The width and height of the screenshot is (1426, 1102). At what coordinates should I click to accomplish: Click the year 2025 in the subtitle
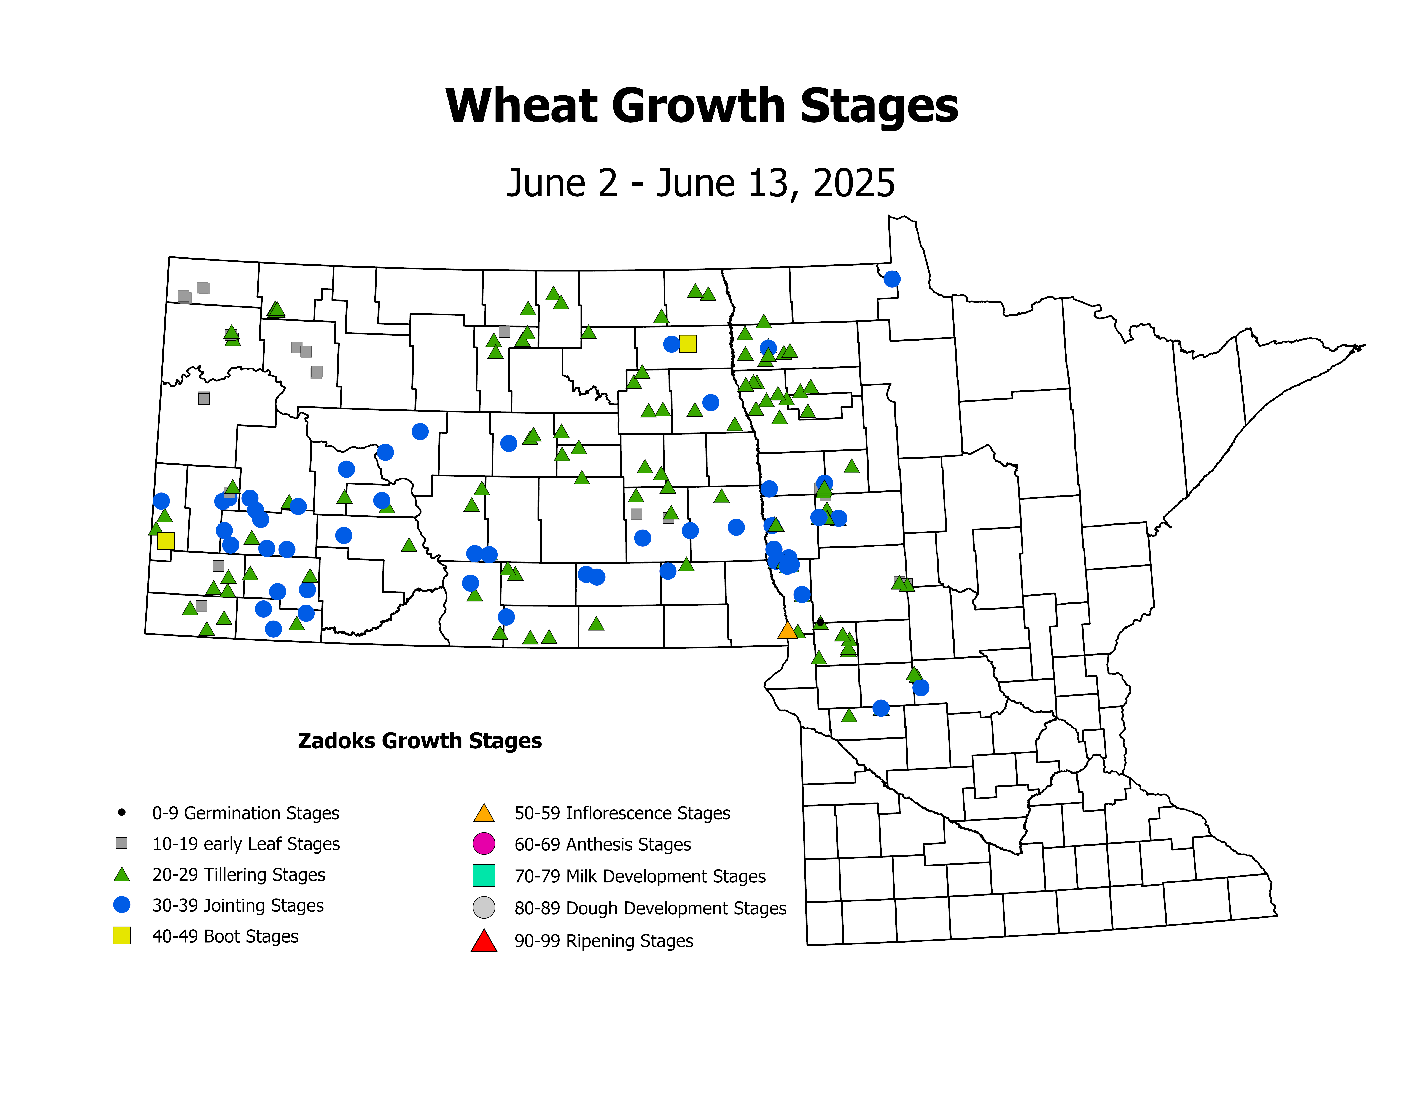pyautogui.click(x=854, y=183)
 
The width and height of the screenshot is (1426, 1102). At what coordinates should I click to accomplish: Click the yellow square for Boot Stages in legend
pyautogui.click(x=121, y=936)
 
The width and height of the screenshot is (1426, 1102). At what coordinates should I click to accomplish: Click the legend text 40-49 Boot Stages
pyautogui.click(x=225, y=936)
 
